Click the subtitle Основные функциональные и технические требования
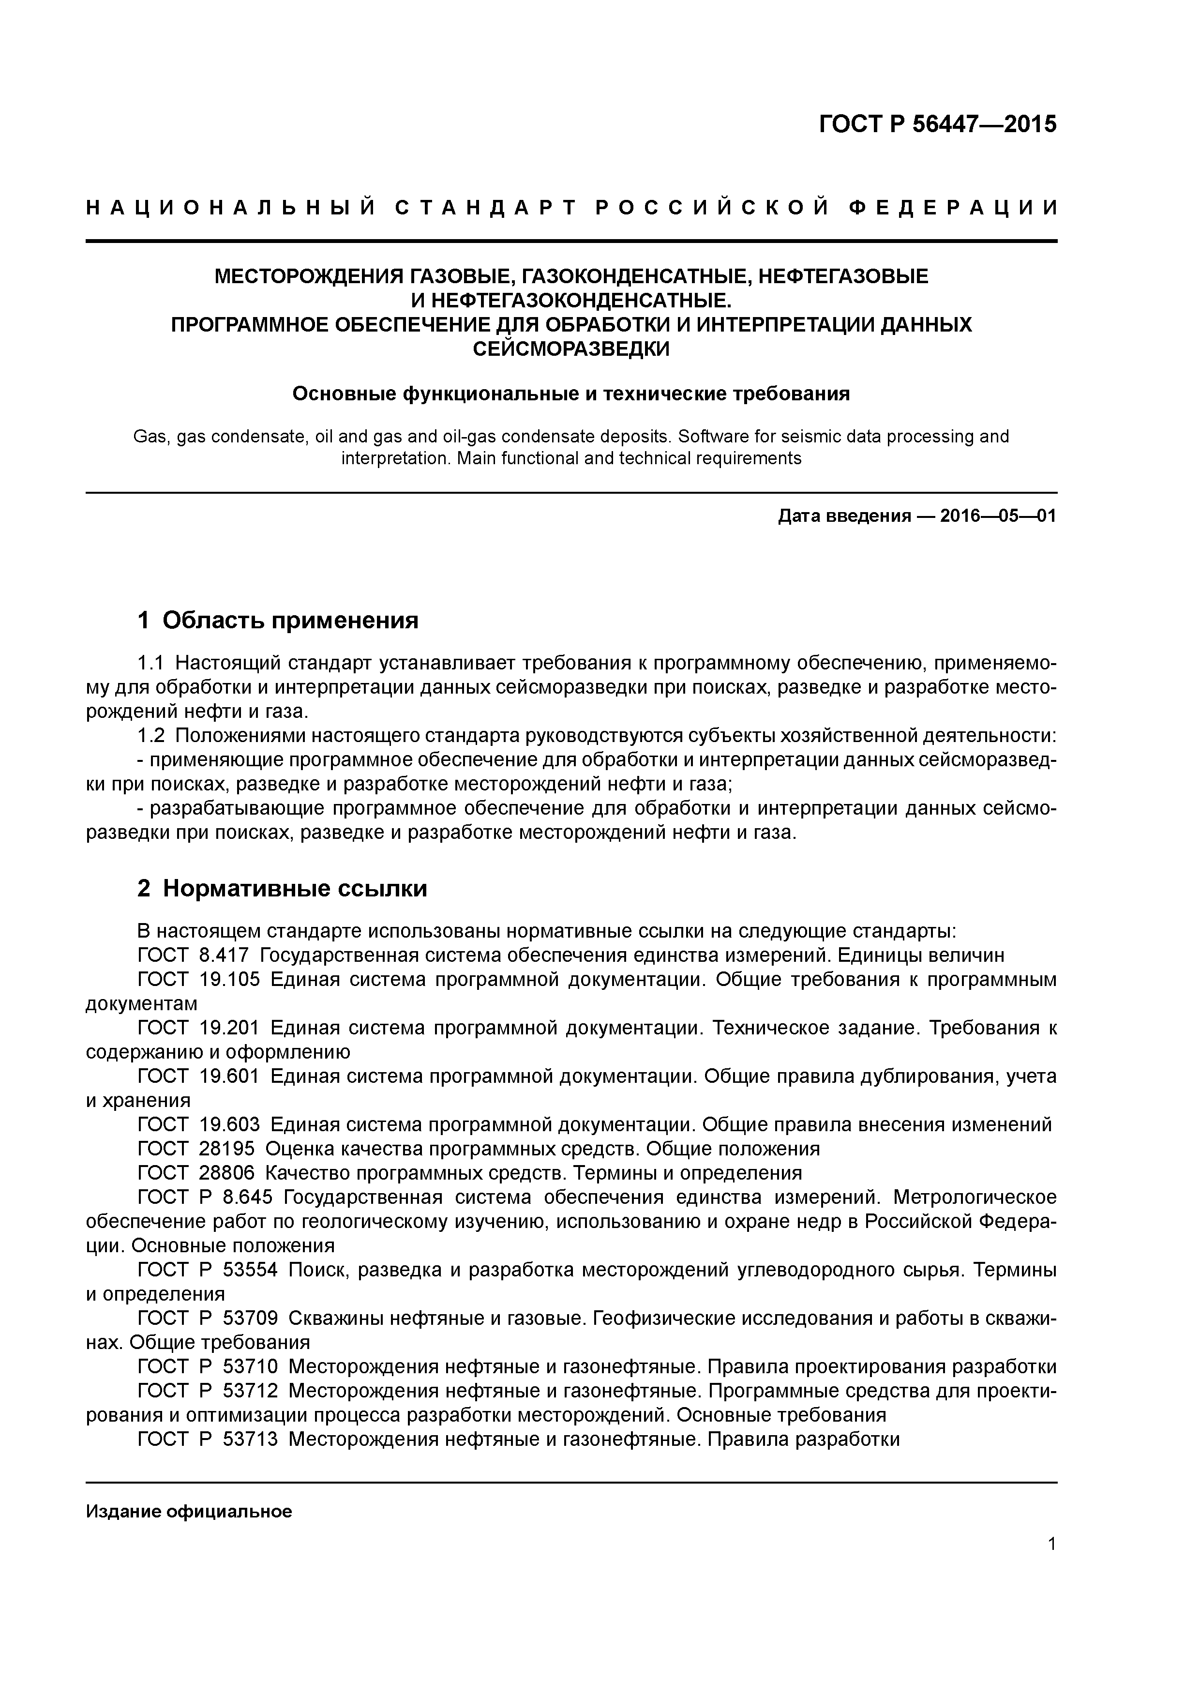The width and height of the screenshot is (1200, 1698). click(x=571, y=394)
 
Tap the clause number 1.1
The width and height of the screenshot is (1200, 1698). click(x=151, y=663)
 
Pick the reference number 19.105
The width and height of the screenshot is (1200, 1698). click(x=229, y=980)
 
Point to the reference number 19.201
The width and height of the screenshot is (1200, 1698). click(x=229, y=1028)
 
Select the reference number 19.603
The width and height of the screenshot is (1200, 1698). click(x=229, y=1125)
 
